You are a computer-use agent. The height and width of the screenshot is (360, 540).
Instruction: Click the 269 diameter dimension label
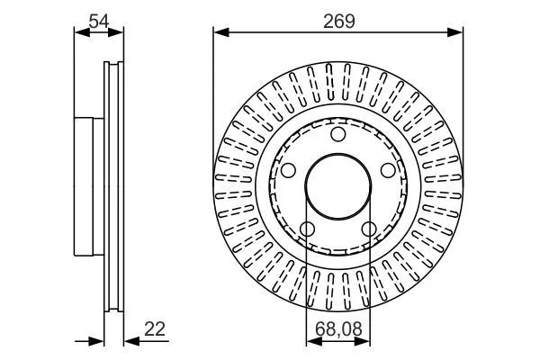(x=337, y=19)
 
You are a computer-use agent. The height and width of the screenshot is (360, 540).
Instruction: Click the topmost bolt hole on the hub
(x=337, y=135)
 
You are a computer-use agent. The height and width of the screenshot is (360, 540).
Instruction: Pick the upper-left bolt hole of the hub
(x=288, y=170)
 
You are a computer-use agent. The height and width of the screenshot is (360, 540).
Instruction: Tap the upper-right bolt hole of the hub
(x=387, y=170)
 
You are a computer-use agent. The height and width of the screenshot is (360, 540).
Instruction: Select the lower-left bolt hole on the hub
(x=307, y=229)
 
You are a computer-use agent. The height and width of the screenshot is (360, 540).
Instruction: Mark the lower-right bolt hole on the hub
(x=368, y=229)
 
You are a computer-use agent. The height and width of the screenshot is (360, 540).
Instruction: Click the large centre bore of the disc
(x=337, y=187)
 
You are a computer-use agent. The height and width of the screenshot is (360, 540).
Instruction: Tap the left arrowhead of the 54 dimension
(x=78, y=33)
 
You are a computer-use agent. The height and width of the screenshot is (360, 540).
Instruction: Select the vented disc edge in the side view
(x=113, y=187)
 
